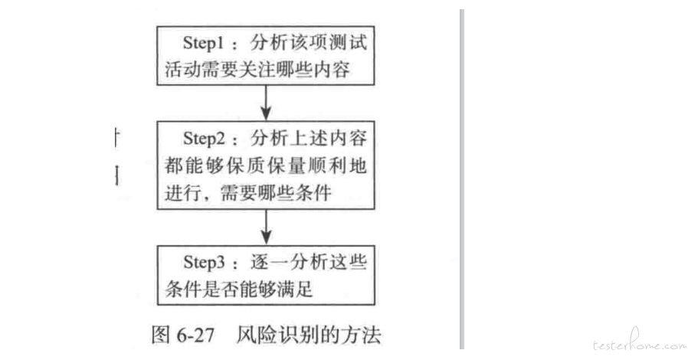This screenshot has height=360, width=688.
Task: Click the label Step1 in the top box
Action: tap(203, 43)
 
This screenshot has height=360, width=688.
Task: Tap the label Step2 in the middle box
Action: tap(204, 139)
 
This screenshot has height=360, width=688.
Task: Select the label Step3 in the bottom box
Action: tap(204, 262)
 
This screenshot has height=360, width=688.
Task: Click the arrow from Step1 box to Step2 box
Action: tap(266, 103)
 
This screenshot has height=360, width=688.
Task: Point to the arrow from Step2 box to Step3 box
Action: tap(266, 227)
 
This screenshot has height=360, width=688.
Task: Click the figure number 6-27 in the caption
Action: tap(195, 335)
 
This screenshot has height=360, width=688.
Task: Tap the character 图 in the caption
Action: tap(160, 335)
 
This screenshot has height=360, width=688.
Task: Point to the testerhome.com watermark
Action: tap(639, 342)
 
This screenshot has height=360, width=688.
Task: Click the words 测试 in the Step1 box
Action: tap(349, 43)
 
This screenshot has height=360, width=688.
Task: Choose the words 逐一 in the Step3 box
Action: tap(270, 262)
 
